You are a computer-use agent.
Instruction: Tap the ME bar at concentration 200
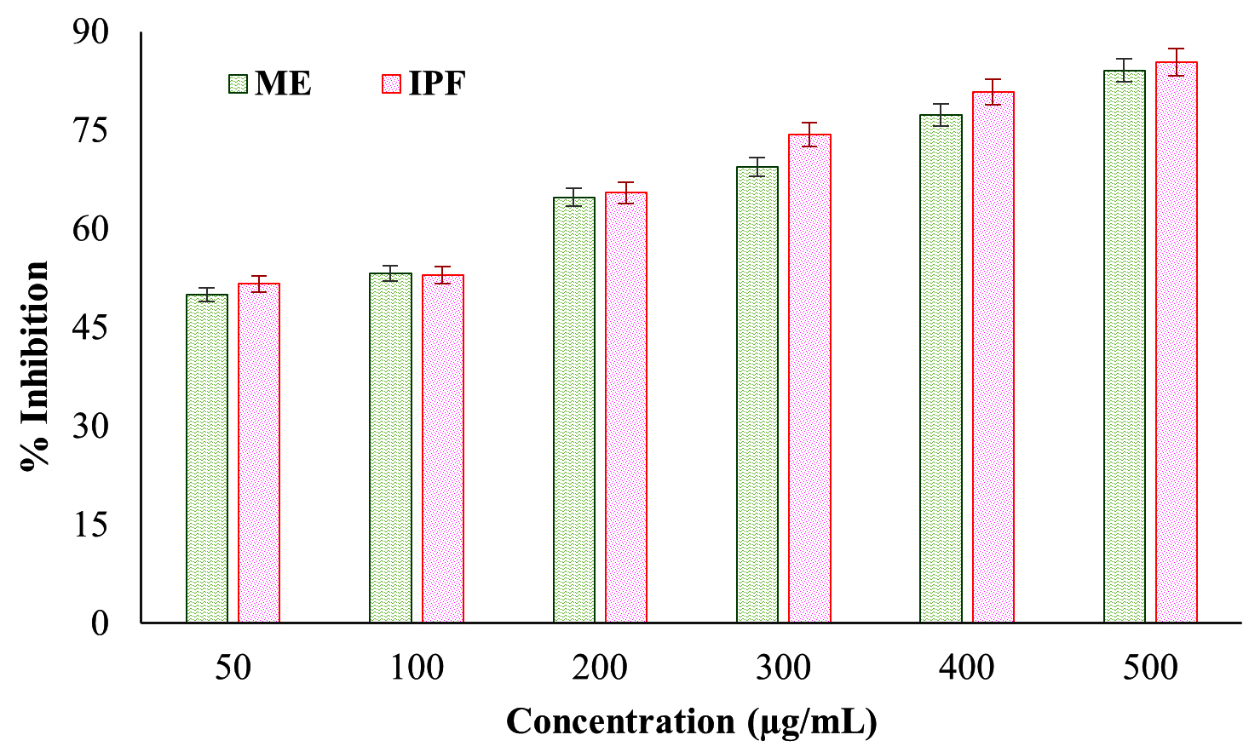pyautogui.click(x=574, y=410)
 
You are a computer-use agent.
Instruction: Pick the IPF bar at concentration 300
pyautogui.click(x=809, y=378)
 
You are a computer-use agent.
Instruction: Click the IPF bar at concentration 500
pyautogui.click(x=1177, y=342)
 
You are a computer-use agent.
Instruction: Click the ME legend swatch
pyautogui.click(x=238, y=83)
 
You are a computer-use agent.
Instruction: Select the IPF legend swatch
pyautogui.click(x=391, y=83)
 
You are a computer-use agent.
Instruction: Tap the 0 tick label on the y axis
pyautogui.click(x=101, y=623)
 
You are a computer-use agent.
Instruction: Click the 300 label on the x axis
pyautogui.click(x=783, y=668)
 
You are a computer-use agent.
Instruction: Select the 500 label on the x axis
pyautogui.click(x=1150, y=668)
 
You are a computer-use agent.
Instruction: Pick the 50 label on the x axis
pyautogui.click(x=233, y=668)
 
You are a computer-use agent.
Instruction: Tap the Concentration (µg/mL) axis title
pyautogui.click(x=691, y=721)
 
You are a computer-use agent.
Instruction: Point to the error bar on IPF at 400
pyautogui.click(x=993, y=91)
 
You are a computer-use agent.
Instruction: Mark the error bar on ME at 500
pyautogui.click(x=1125, y=70)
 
